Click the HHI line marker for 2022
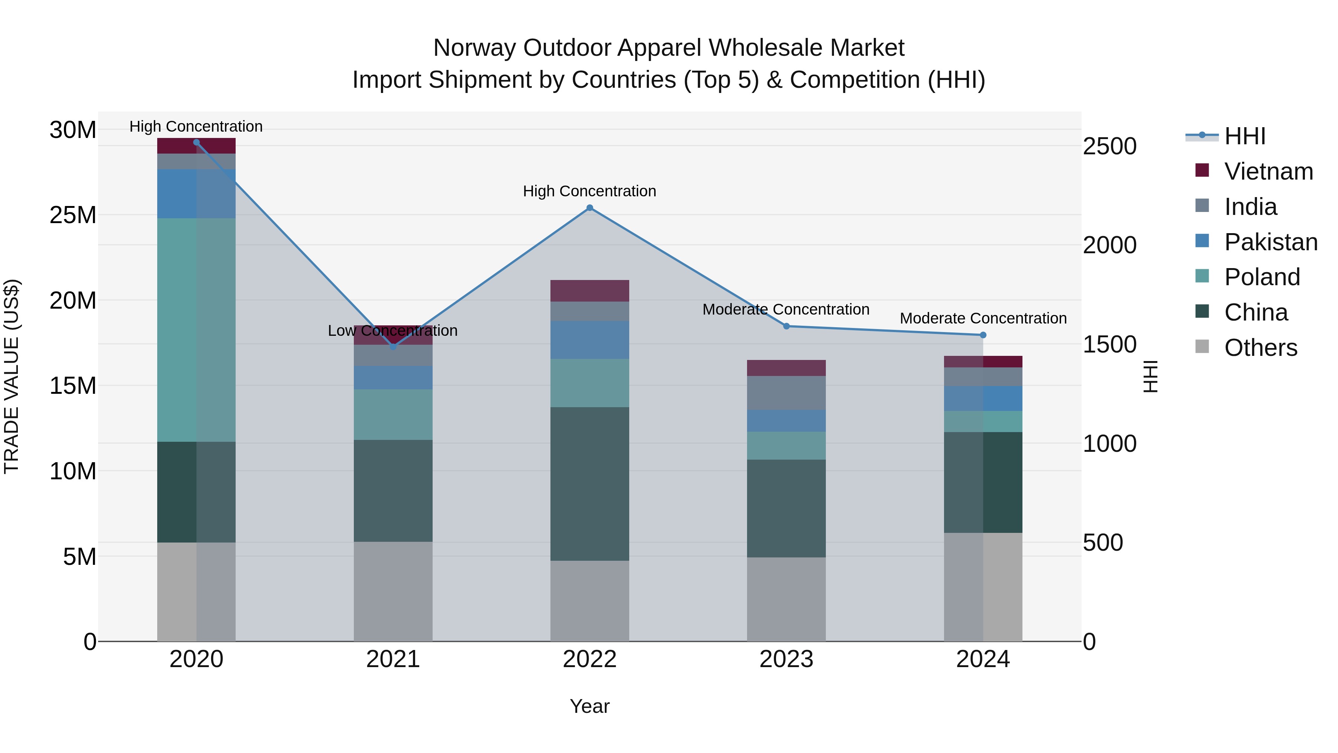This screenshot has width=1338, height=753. pos(589,208)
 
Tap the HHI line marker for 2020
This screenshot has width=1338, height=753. pos(196,142)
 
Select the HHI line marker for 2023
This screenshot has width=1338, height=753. pos(786,326)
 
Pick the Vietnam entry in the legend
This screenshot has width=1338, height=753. pos(1268,171)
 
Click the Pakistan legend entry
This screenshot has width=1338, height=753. pos(1270,242)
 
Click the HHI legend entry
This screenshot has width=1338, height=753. pos(1244,136)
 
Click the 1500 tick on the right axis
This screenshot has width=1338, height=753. pos(1109,345)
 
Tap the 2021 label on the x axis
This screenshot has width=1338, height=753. pos(393,659)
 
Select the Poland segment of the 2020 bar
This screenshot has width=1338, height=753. pos(196,330)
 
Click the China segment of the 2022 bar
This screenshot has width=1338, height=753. pos(589,483)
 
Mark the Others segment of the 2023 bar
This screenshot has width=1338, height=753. pos(786,599)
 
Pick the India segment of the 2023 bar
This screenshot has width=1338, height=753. pos(786,393)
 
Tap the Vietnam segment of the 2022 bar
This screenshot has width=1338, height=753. pos(589,291)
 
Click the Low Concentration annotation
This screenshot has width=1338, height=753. pos(393,331)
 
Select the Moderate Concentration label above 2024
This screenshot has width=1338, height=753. pos(983,318)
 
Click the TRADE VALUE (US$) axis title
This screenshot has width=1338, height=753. pos(12,376)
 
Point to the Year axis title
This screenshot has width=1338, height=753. pos(589,706)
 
